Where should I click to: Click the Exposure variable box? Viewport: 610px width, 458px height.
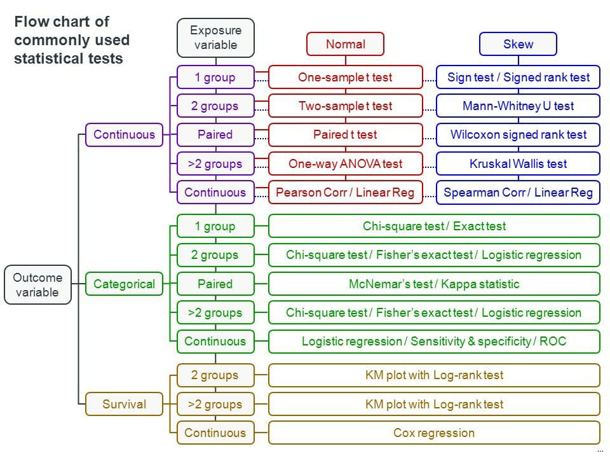[215, 38]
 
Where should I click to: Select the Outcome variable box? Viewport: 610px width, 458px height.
[37, 285]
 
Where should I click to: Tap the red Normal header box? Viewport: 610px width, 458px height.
[346, 44]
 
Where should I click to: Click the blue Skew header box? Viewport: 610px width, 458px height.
[518, 44]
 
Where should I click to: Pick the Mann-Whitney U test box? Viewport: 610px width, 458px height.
[518, 106]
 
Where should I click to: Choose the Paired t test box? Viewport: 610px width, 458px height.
[346, 135]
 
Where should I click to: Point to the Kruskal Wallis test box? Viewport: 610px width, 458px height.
[518, 163]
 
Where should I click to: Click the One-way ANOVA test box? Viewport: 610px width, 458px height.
[346, 163]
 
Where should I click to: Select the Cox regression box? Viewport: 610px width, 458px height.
[434, 433]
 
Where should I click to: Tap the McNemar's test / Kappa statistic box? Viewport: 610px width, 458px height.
[434, 284]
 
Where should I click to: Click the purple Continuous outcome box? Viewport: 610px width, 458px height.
[124, 135]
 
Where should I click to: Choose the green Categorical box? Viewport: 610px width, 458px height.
[124, 284]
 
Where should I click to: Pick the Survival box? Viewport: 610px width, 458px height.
[124, 404]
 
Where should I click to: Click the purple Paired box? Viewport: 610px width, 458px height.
[215, 135]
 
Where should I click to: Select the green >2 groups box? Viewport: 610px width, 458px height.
[215, 312]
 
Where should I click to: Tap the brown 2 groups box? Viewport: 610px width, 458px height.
[215, 375]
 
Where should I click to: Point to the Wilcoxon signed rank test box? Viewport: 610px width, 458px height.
[518, 135]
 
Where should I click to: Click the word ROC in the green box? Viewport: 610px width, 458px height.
[553, 341]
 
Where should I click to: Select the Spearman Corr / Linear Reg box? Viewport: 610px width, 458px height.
[518, 192]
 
